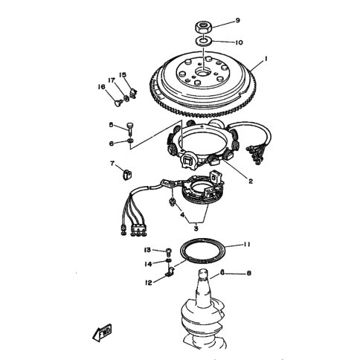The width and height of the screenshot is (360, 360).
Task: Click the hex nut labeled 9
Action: click(203, 26)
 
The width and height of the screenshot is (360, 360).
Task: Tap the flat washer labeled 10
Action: click(203, 41)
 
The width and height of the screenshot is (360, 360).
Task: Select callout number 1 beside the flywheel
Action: click(266, 59)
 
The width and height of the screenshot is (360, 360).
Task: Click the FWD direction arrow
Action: click(103, 332)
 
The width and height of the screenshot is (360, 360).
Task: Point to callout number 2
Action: click(251, 181)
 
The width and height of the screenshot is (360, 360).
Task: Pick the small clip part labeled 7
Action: click(127, 174)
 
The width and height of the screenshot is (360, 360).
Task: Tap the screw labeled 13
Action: click(169, 253)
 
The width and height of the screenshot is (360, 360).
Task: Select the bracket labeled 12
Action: click(170, 272)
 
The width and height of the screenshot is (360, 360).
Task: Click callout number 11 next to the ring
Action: click(246, 245)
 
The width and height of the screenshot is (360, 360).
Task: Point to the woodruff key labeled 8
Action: click(222, 271)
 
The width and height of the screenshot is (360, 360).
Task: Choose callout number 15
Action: click(123, 74)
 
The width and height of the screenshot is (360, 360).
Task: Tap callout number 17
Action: click(112, 80)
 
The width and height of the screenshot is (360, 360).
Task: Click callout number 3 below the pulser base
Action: click(196, 228)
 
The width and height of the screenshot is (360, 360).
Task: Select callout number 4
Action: click(183, 215)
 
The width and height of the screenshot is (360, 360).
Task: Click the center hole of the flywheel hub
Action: click(202, 71)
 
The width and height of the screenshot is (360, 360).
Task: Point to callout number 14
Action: click(148, 264)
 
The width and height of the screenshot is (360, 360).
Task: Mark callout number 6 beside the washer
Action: click(112, 144)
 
